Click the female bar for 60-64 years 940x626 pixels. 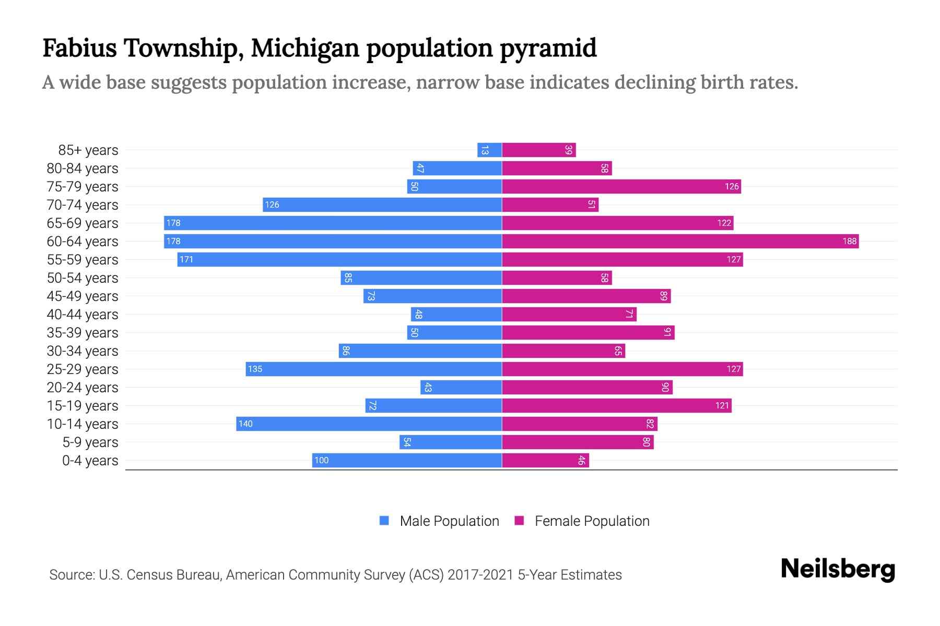click(679, 242)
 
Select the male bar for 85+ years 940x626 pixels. click(489, 150)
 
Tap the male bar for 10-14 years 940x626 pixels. click(369, 424)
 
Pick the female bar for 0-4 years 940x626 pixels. click(545, 461)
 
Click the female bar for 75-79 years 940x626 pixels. click(621, 187)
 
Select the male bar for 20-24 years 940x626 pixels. click(461, 388)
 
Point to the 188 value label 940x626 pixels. click(849, 242)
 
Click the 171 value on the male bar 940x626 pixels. click(186, 260)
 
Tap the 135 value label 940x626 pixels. click(255, 369)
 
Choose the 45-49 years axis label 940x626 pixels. click(83, 296)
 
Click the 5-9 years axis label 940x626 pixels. click(90, 442)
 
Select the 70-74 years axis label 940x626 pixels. click(83, 205)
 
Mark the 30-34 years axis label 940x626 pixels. click(83, 351)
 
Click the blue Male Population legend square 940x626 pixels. click(384, 521)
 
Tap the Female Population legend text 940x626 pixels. click(592, 521)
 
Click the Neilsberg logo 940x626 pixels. click(838, 569)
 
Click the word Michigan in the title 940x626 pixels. click(305, 48)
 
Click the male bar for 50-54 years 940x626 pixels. click(421, 278)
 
